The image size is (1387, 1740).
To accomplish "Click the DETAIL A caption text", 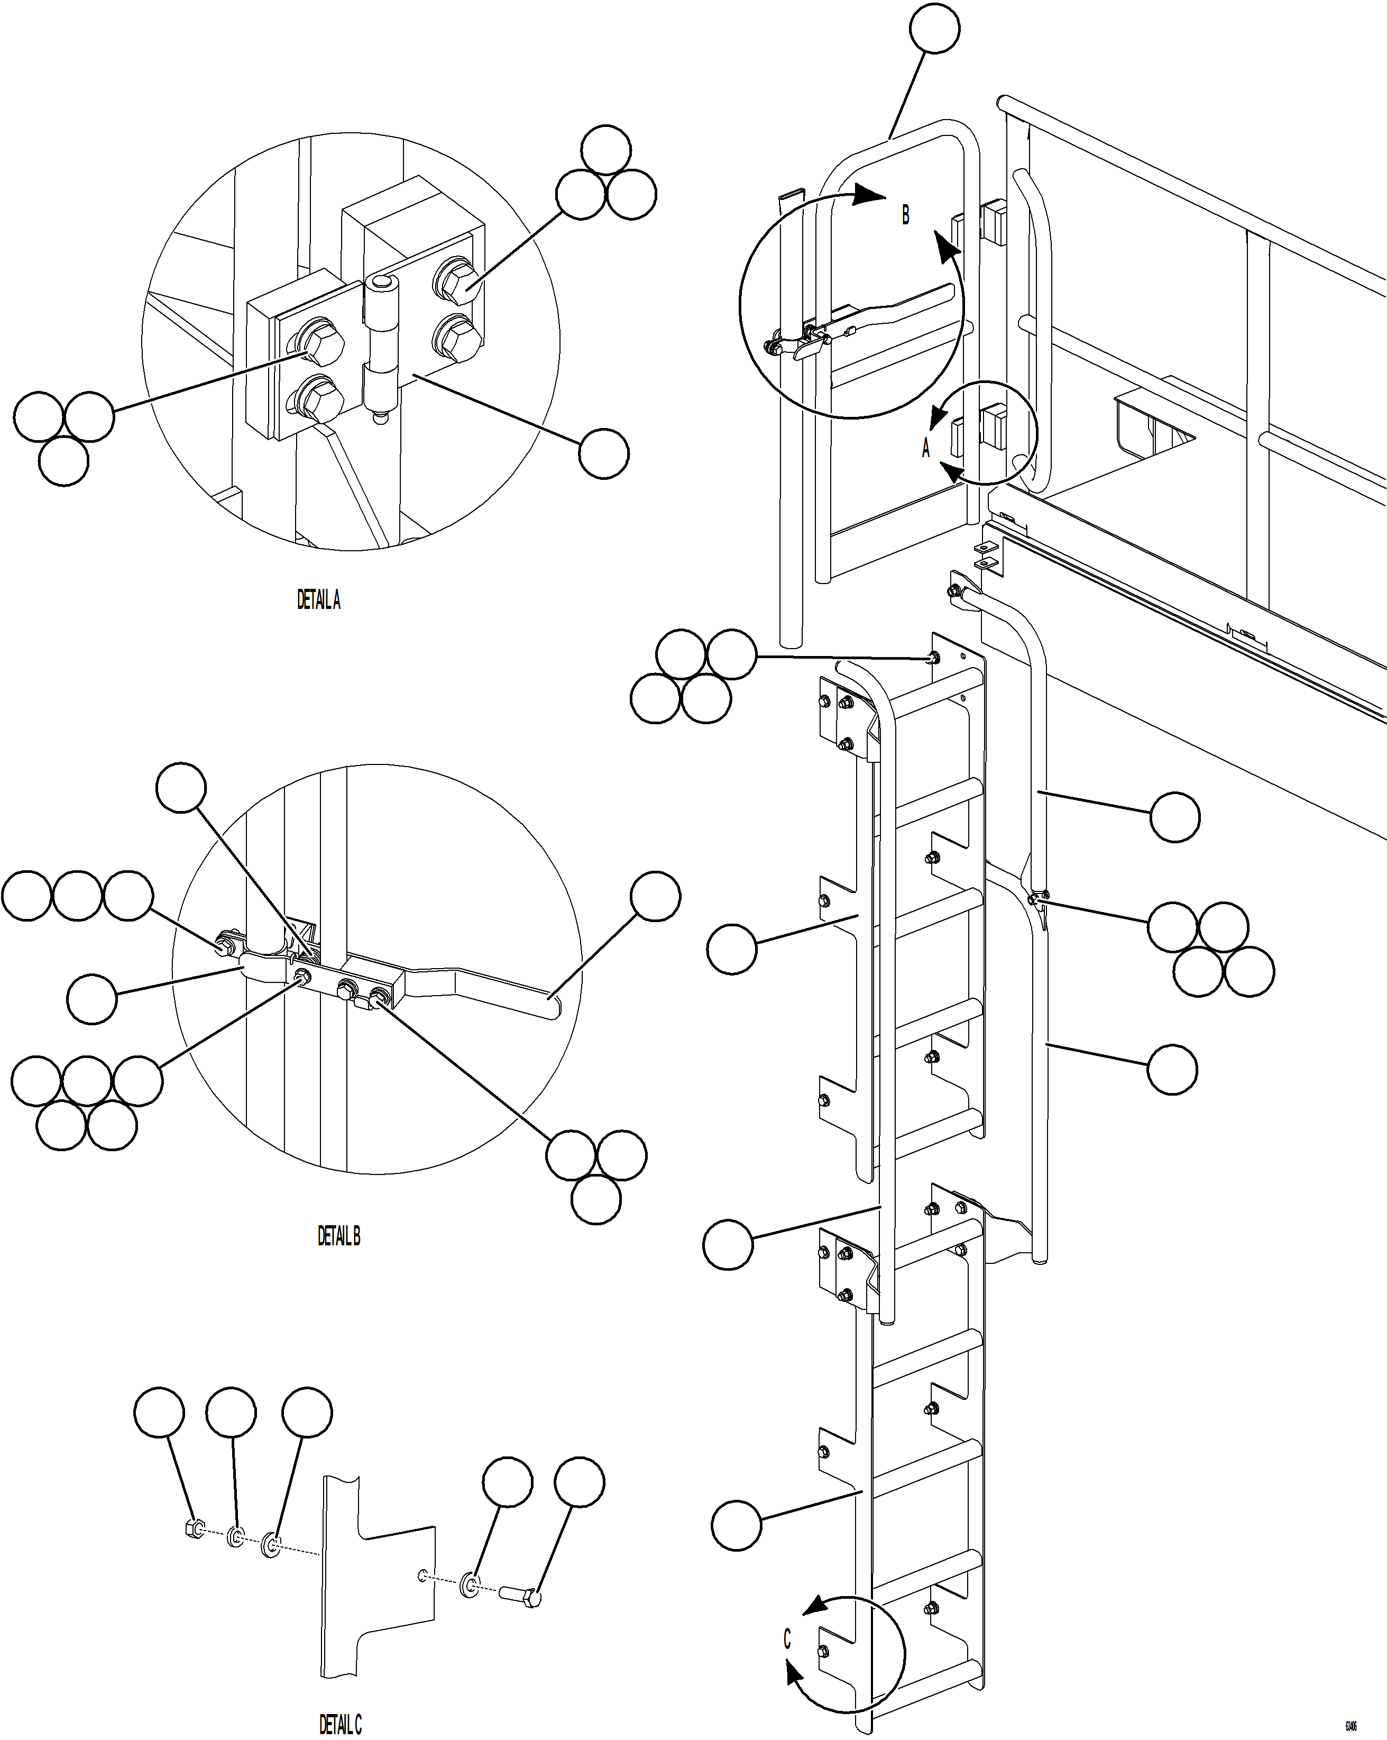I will [x=319, y=600].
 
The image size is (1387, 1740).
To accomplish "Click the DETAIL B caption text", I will [x=339, y=1236].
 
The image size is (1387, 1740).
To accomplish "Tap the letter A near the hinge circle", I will [x=926, y=448].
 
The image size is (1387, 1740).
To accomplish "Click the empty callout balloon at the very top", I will [x=934, y=28].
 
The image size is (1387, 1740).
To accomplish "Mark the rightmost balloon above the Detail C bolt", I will [x=580, y=1482].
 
